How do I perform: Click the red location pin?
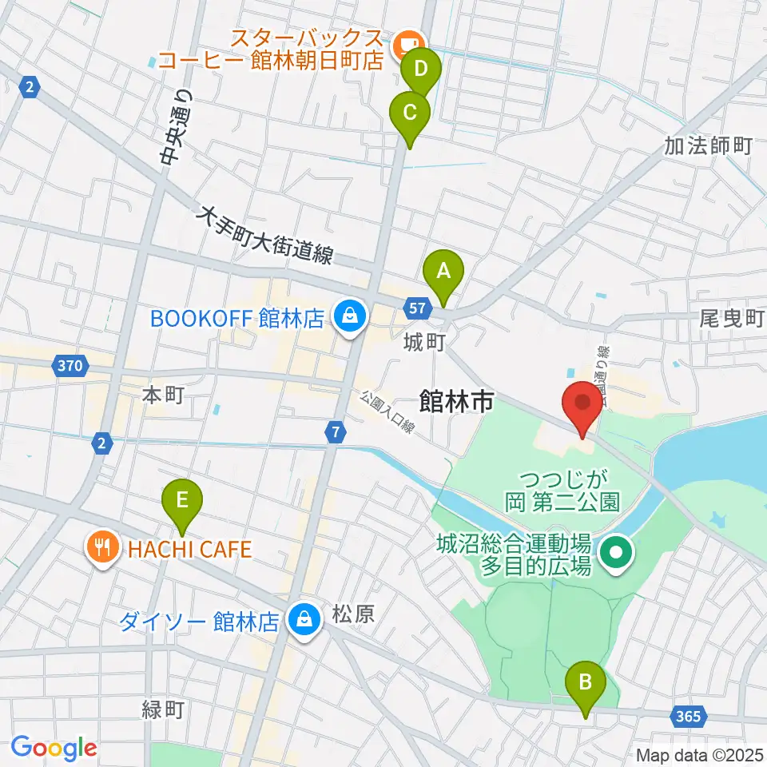pyautogui.click(x=582, y=407)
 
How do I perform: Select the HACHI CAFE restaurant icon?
pyautogui.click(x=101, y=548)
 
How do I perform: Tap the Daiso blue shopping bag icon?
pyautogui.click(x=304, y=619)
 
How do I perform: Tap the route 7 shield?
pyautogui.click(x=336, y=431)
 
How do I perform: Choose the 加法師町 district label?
pyautogui.click(x=708, y=145)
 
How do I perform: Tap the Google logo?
pyautogui.click(x=54, y=748)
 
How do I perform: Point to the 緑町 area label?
pyautogui.click(x=163, y=709)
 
